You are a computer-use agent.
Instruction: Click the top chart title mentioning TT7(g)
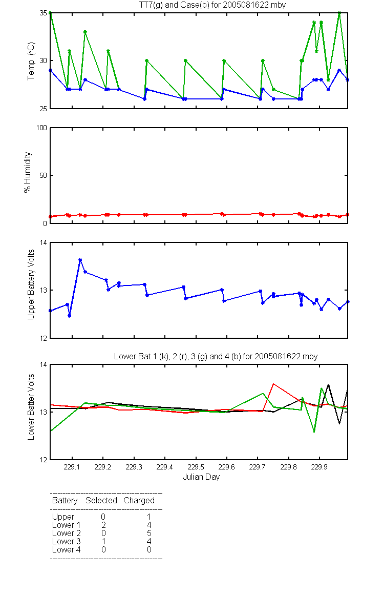212,5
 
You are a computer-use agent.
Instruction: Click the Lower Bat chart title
216,356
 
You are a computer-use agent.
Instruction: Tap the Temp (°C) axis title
31,61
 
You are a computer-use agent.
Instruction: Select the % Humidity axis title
28,172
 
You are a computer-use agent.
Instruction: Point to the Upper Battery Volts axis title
31,284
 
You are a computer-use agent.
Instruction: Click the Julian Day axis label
201,477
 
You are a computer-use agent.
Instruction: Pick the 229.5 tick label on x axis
196,467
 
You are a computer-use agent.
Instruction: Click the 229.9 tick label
319,467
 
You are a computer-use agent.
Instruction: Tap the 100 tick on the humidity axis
41,128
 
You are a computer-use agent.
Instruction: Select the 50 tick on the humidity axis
44,175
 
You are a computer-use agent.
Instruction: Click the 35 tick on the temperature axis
44,13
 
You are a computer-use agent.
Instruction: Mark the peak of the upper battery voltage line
80,260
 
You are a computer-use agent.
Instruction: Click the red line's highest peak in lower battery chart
273,384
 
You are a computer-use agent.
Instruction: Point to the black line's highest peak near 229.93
328,385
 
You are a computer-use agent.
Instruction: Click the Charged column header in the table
139,501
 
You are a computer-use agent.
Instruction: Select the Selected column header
101,500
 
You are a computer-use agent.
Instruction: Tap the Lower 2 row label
67,533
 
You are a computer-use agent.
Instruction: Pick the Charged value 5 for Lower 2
149,533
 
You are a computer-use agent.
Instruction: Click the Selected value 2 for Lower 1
103,525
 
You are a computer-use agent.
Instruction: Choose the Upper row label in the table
63,517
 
